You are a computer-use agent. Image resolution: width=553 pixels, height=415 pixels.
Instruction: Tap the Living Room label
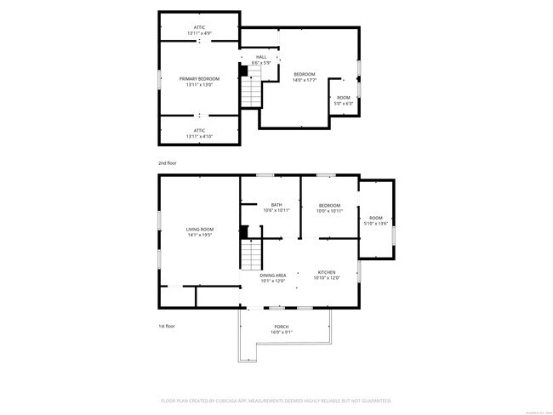pyautogui.click(x=200, y=229)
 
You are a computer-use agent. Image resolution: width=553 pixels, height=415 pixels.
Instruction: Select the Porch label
pyautogui.click(x=281, y=327)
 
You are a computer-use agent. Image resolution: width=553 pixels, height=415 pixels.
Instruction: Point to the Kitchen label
pyautogui.click(x=327, y=272)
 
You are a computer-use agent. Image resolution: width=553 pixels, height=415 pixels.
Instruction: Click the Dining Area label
pyautogui.click(x=273, y=276)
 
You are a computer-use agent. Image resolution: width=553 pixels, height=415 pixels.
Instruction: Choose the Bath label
pyautogui.click(x=276, y=204)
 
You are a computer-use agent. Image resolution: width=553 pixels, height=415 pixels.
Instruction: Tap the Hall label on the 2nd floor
pyautogui.click(x=261, y=57)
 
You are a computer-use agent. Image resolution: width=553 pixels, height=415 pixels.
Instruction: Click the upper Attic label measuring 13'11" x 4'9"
pyautogui.click(x=200, y=27)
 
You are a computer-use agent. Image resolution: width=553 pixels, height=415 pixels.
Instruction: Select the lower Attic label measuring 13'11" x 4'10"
pyautogui.click(x=200, y=130)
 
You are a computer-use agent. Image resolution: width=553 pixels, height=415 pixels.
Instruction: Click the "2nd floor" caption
pyautogui.click(x=167, y=162)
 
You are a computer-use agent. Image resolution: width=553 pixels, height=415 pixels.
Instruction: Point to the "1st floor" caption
pyautogui.click(x=167, y=327)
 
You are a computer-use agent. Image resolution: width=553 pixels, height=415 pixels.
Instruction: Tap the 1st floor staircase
pyautogui.click(x=251, y=253)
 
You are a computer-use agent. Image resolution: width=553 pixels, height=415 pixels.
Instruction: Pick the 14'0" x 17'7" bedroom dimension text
pyautogui.click(x=305, y=80)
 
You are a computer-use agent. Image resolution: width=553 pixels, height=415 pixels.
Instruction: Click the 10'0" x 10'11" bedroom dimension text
pyautogui.click(x=329, y=210)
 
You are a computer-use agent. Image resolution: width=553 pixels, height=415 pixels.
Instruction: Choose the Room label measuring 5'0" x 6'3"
pyautogui.click(x=344, y=98)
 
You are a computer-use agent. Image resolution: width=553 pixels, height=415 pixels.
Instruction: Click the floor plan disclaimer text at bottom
pyautogui.click(x=276, y=400)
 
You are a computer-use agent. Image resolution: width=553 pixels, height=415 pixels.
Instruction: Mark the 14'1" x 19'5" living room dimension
pyautogui.click(x=200, y=235)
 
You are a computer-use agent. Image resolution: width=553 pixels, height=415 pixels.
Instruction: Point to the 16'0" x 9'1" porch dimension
pyautogui.click(x=281, y=332)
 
